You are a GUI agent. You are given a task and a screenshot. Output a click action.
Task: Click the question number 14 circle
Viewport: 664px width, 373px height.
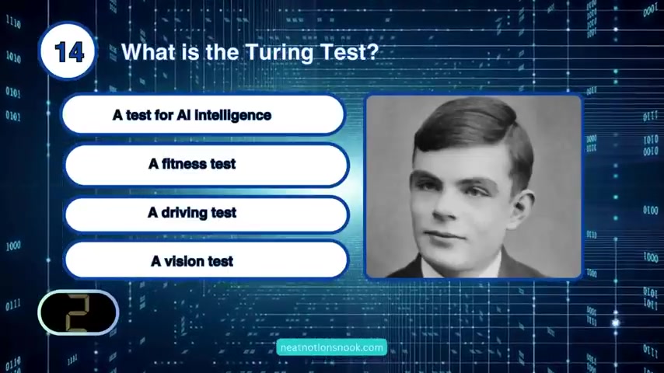pyautogui.click(x=68, y=51)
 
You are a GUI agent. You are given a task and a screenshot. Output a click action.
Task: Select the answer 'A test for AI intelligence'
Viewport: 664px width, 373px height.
pyautogui.click(x=203, y=115)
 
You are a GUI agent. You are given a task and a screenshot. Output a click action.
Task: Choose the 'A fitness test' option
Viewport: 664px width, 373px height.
pyautogui.click(x=207, y=164)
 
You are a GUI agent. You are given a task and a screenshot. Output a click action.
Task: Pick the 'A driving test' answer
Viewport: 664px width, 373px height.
pyautogui.click(x=207, y=214)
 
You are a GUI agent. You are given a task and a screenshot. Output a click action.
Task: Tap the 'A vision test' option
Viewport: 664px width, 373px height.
pyautogui.click(x=207, y=260)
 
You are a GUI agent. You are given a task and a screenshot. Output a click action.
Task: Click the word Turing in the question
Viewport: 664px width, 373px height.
pyautogui.click(x=280, y=54)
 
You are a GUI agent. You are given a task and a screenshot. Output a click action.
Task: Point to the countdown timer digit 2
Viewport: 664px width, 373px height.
pyautogui.click(x=78, y=312)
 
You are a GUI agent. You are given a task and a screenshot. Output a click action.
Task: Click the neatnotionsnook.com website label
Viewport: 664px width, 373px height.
pyautogui.click(x=331, y=347)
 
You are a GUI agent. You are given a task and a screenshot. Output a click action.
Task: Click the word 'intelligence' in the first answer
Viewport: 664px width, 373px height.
pyautogui.click(x=233, y=116)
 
